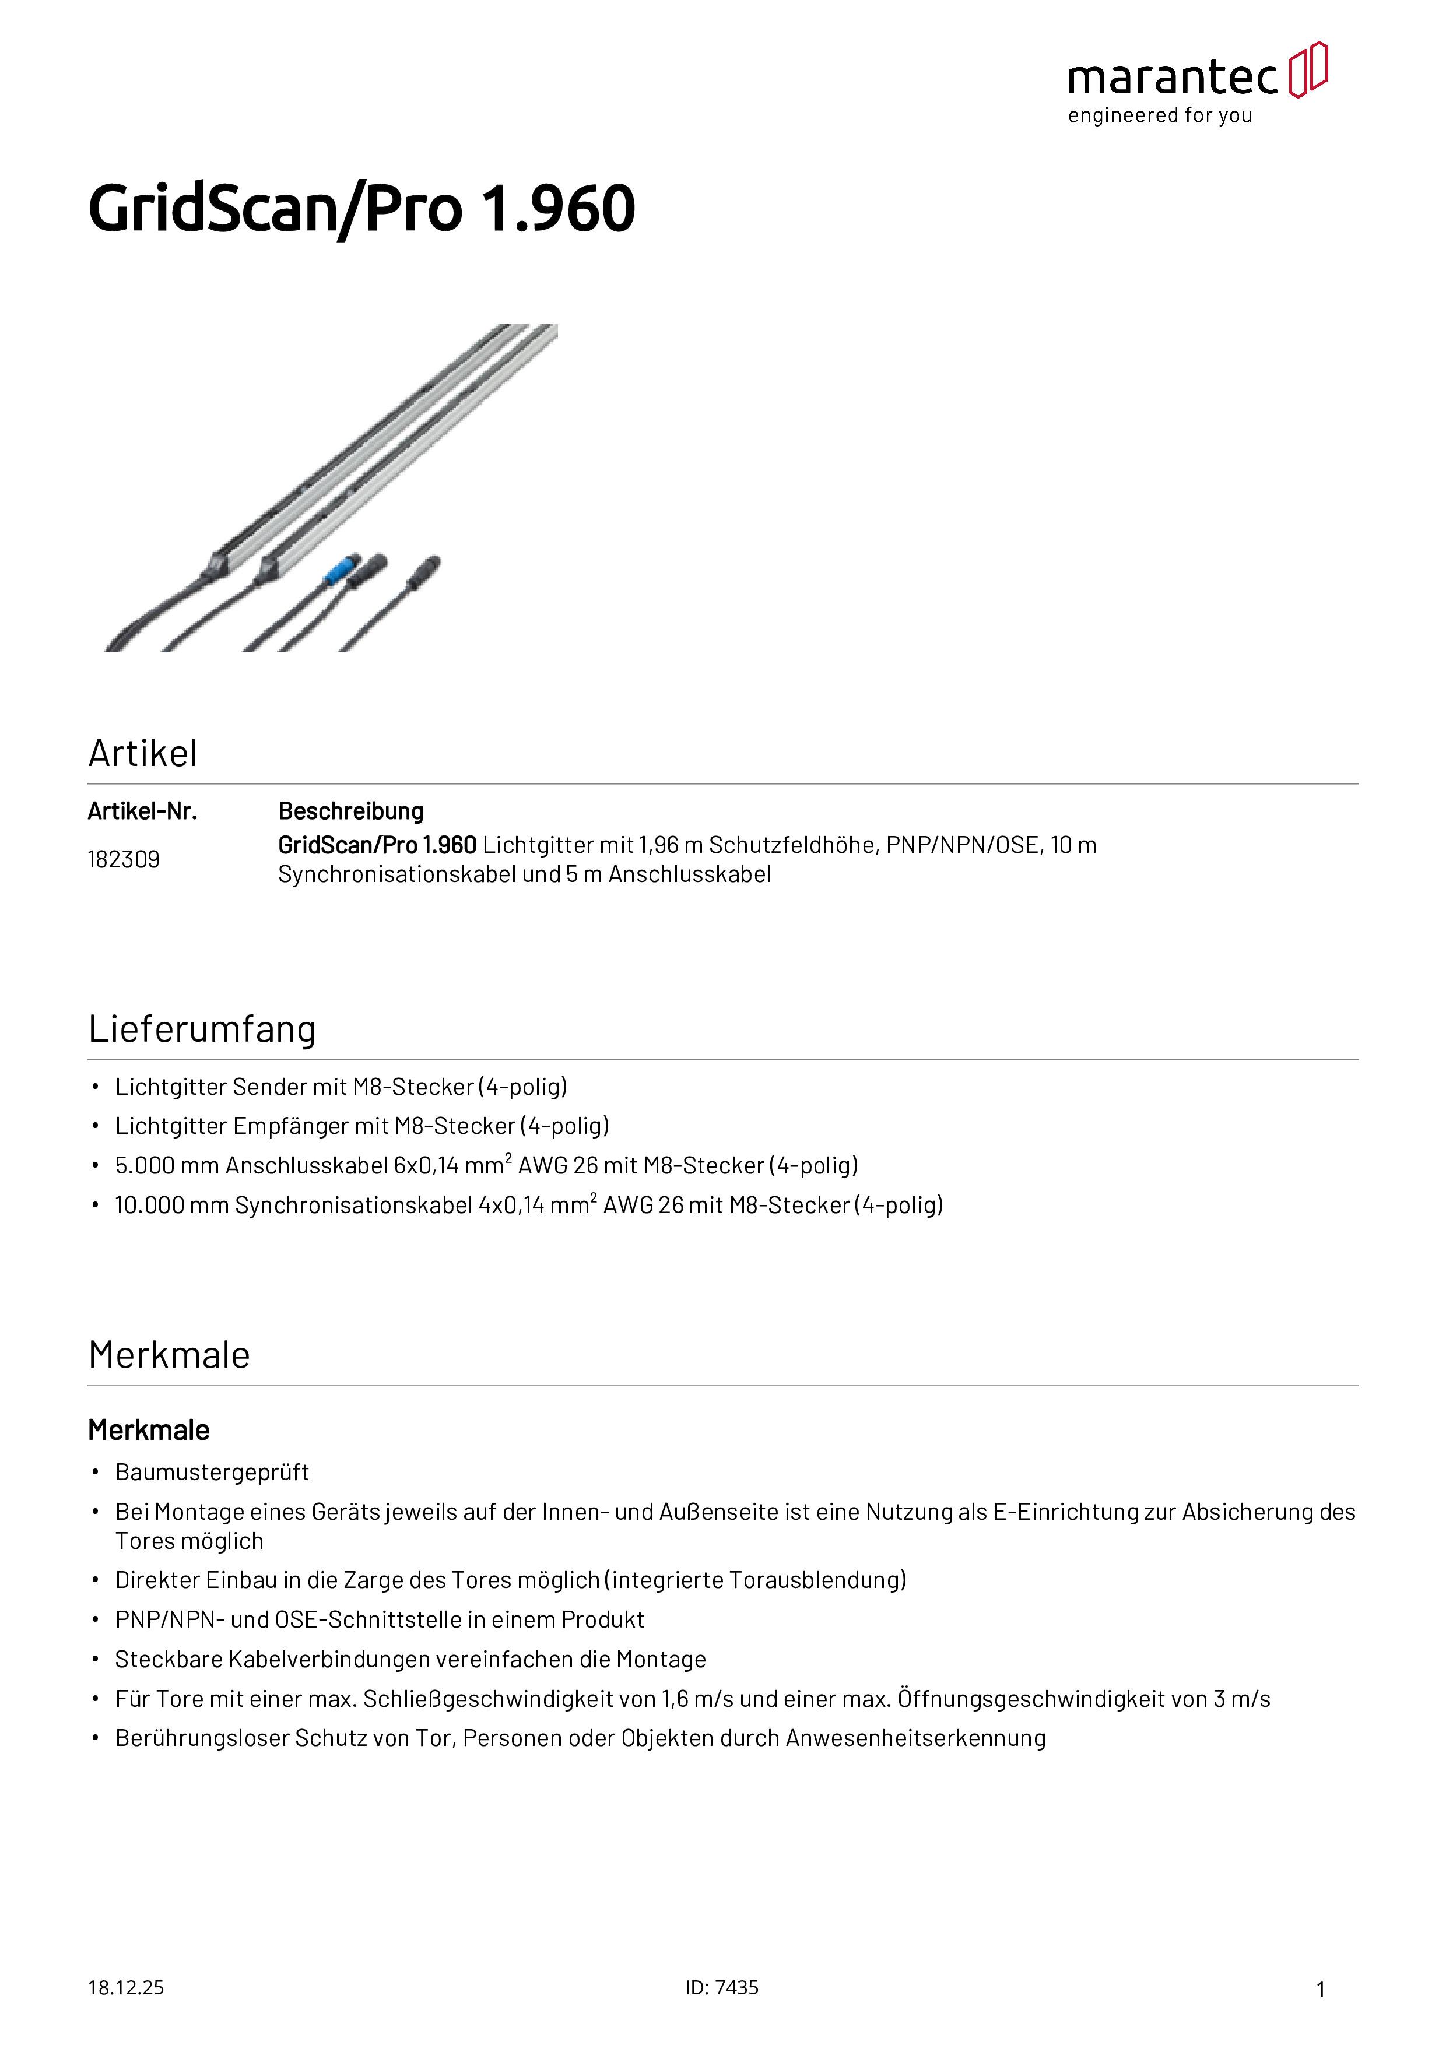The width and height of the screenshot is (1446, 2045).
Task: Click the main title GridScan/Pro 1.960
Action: (361, 209)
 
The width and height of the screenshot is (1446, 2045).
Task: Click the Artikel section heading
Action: (142, 754)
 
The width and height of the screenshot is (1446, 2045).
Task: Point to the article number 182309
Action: (124, 859)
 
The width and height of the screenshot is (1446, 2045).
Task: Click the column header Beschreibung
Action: (351, 811)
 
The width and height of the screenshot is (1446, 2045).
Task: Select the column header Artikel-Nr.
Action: (142, 811)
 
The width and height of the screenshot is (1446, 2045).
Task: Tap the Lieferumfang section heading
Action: (202, 1029)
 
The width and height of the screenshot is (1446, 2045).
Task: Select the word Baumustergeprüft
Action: (212, 1473)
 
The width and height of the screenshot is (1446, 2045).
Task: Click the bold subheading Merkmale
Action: (149, 1431)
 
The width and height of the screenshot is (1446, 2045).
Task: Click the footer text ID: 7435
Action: (722, 1988)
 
